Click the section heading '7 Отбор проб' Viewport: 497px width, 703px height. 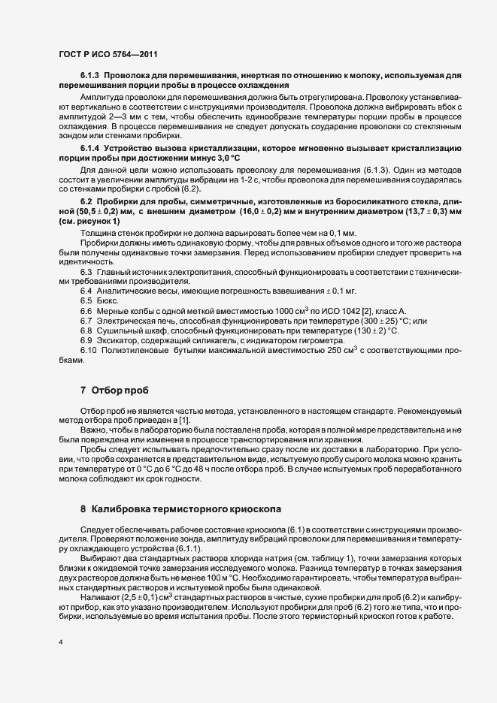114,390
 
